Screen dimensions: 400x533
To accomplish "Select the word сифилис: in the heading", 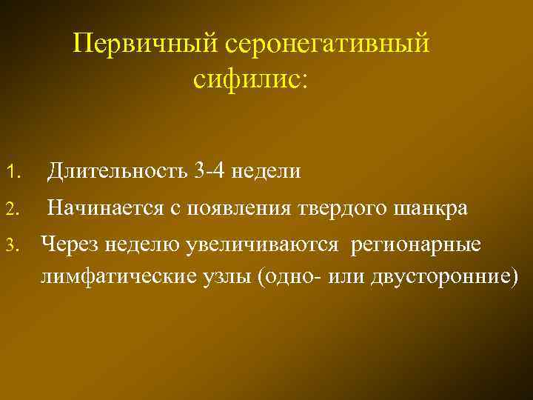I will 247,79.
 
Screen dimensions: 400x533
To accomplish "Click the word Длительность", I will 118,172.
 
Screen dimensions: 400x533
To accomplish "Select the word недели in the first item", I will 266,172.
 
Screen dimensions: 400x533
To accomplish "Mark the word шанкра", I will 430,208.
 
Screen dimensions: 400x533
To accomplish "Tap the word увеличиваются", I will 255,243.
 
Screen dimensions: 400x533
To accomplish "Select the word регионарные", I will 419,243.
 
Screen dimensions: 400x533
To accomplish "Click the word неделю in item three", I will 139,243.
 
